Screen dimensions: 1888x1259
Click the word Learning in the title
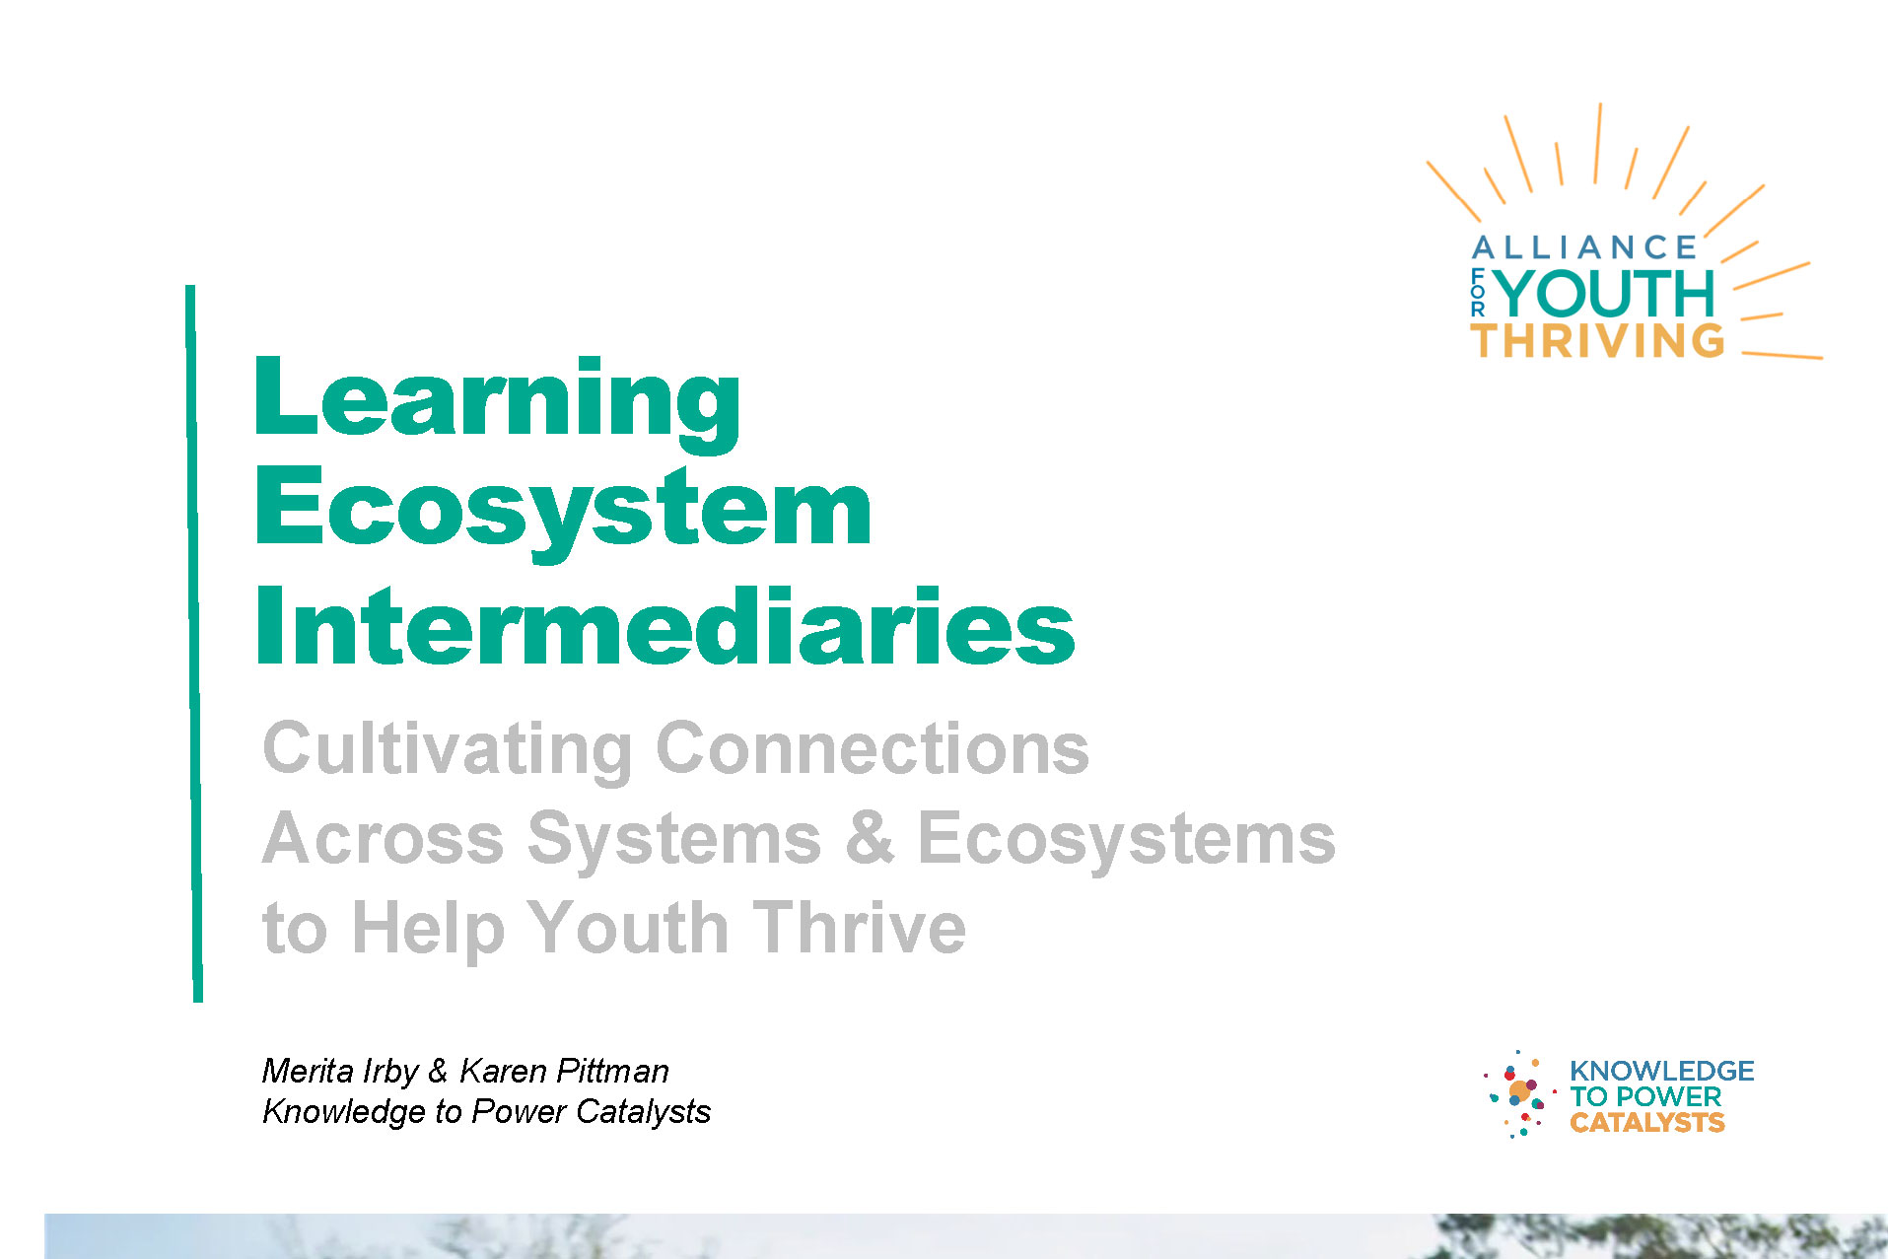(498, 401)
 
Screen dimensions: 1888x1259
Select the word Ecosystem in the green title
(564, 512)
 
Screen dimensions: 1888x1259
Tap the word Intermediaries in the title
(665, 625)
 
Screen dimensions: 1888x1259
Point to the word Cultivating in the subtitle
(448, 748)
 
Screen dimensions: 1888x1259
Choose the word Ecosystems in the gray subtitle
(1127, 840)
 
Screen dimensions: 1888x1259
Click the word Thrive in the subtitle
(861, 928)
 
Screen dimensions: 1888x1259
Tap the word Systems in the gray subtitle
(674, 840)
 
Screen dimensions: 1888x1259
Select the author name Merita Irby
(340, 1071)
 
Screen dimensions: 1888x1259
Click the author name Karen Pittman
(564, 1071)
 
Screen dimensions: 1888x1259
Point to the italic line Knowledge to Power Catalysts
(486, 1112)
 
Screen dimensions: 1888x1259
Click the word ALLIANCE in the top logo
(1583, 247)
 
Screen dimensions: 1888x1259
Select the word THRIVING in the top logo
(1598, 341)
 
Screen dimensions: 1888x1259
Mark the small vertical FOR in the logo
(1477, 292)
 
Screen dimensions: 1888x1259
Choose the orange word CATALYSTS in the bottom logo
(1646, 1123)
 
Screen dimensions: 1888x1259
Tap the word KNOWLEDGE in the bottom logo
(1661, 1071)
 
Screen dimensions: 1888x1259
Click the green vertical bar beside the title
(194, 644)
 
